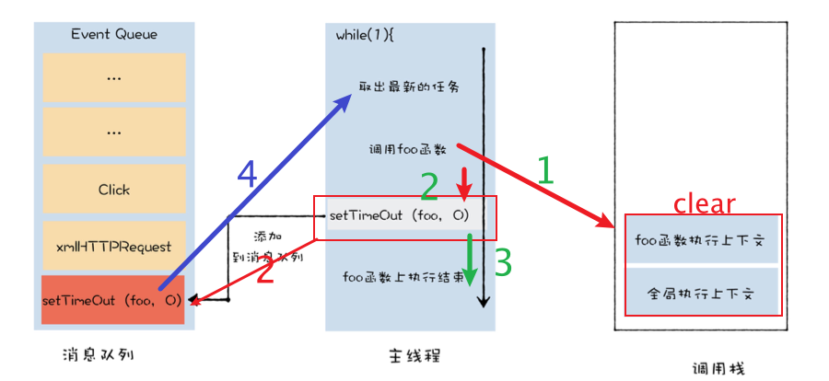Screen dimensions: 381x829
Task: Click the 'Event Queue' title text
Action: (114, 34)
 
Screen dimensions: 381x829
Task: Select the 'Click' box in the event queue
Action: (114, 190)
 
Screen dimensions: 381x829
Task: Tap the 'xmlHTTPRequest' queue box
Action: (114, 245)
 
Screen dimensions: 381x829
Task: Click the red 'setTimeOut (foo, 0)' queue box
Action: (112, 300)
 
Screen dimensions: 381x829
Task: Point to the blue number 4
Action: (245, 173)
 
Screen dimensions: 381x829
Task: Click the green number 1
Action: (545, 171)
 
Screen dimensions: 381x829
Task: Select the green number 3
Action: (503, 262)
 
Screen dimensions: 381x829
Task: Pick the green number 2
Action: (428, 188)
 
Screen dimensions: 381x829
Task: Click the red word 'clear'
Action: (705, 203)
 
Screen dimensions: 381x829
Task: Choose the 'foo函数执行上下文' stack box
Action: (704, 241)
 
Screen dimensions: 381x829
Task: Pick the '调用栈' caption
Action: (718, 366)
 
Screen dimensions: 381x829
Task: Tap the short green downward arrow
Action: (471, 259)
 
